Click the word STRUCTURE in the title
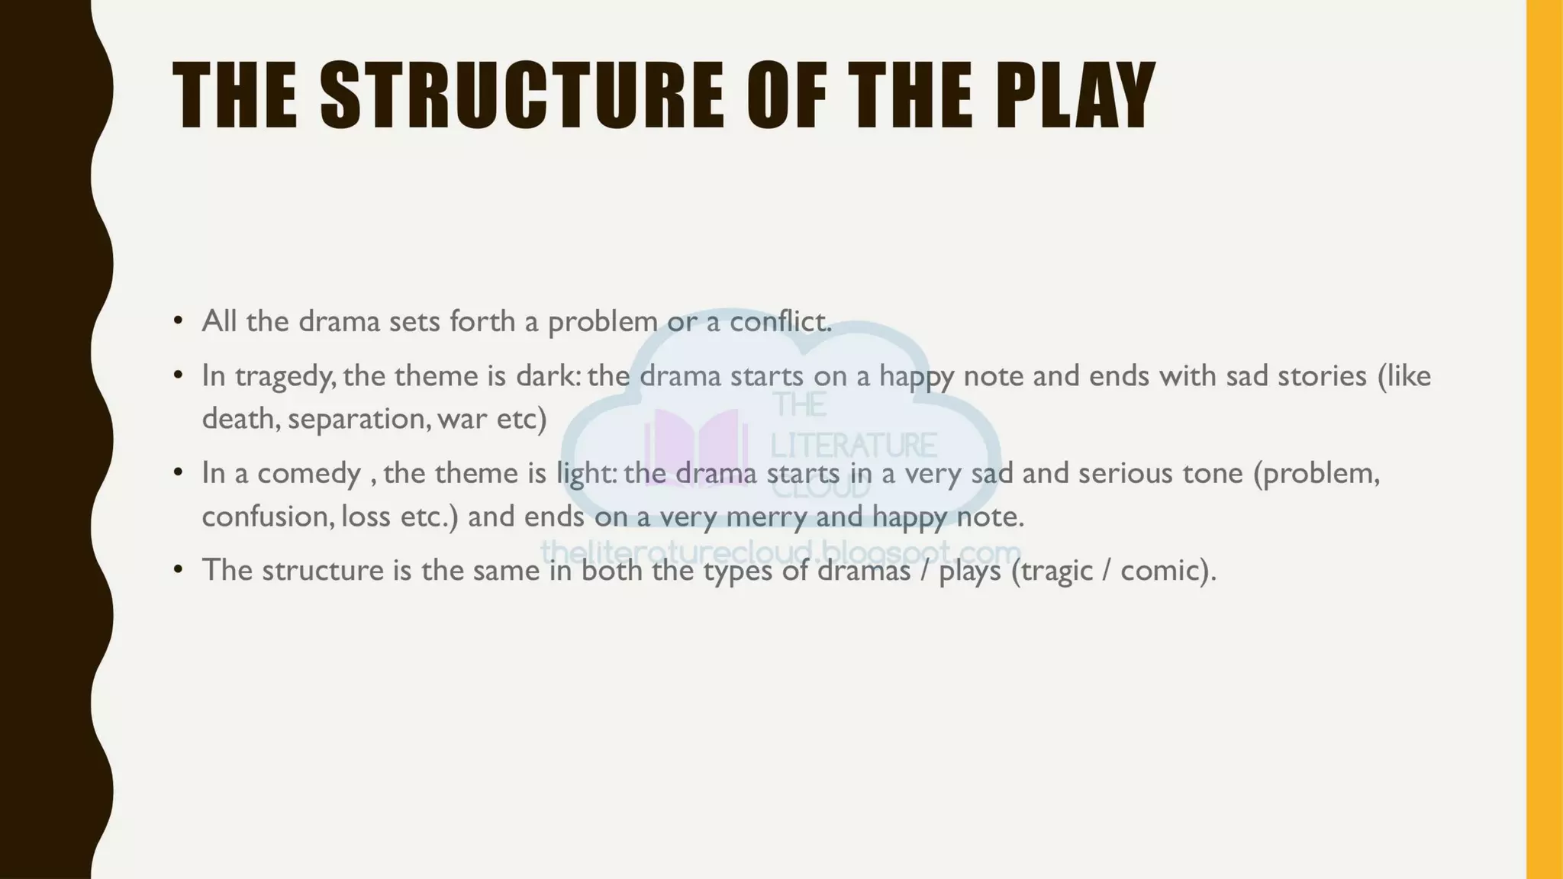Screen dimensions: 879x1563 [521, 95]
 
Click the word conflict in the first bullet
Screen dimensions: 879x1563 [779, 321]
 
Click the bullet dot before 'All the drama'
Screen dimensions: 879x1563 [178, 320]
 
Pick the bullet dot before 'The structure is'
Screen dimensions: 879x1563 [178, 569]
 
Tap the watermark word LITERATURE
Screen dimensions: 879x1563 [853, 445]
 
